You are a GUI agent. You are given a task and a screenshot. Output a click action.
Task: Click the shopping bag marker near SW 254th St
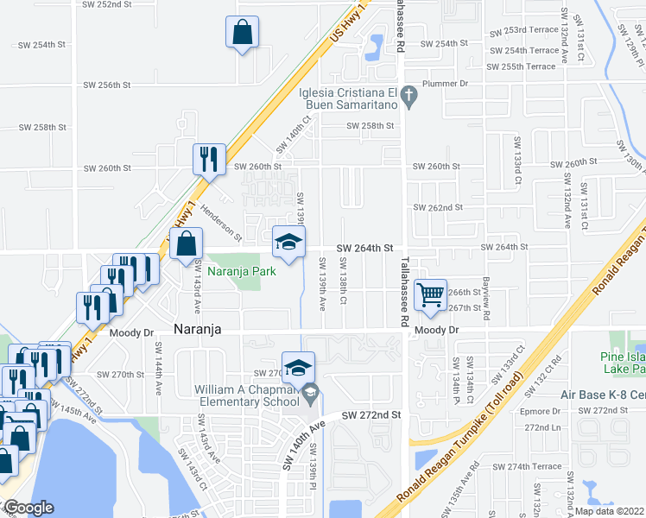pyautogui.click(x=243, y=33)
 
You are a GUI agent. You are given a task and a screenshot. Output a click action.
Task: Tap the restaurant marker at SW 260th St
pyautogui.click(x=208, y=159)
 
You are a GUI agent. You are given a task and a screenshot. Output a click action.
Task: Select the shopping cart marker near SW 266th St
pyautogui.click(x=430, y=294)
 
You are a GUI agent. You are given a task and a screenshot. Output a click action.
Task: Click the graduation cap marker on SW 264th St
pyautogui.click(x=289, y=241)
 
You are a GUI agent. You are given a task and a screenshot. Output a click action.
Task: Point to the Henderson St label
pyautogui.click(x=221, y=222)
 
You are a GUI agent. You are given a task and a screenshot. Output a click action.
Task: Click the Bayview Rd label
pyautogui.click(x=486, y=303)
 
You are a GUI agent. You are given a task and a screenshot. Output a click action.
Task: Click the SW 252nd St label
pyautogui.click(x=107, y=4)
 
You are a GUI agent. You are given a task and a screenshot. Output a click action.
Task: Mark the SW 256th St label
pyautogui.click(x=107, y=85)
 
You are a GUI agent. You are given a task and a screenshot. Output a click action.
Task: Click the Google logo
pyautogui.click(x=29, y=508)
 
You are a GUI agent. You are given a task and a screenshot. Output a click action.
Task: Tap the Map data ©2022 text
pyautogui.click(x=609, y=511)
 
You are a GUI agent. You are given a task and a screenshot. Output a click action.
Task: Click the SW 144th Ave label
pyautogui.click(x=159, y=367)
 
